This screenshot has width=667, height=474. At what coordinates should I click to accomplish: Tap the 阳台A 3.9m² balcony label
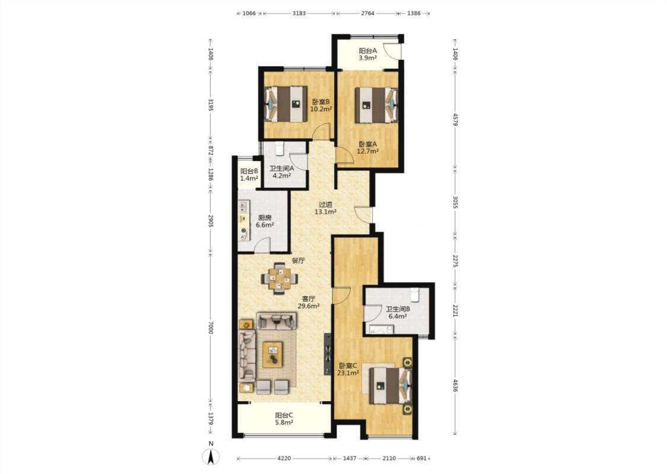pyautogui.click(x=368, y=55)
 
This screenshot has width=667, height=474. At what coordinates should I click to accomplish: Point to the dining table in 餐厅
pyautogui.click(x=279, y=278)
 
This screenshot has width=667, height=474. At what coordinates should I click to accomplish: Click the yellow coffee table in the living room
pyautogui.click(x=273, y=354)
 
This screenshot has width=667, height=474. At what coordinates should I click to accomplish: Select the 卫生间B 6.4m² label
pyautogui.click(x=398, y=312)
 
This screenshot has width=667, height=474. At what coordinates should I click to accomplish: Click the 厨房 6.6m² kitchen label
pyautogui.click(x=264, y=222)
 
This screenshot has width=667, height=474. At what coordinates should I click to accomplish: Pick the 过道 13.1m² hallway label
pyautogui.click(x=325, y=208)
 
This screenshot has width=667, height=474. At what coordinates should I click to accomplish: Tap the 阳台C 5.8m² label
pyautogui.click(x=284, y=419)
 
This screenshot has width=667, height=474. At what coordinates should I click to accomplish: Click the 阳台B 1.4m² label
pyautogui.click(x=249, y=175)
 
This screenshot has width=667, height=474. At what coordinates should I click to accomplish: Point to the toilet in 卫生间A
pyautogui.click(x=279, y=148)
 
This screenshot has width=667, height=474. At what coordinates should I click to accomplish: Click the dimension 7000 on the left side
pyautogui.click(x=210, y=328)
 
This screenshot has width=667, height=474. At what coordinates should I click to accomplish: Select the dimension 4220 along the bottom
pyautogui.click(x=284, y=458)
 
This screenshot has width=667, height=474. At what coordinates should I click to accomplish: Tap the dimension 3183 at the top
pyautogui.click(x=299, y=13)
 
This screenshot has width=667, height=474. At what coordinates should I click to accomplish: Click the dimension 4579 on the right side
pyautogui.click(x=455, y=120)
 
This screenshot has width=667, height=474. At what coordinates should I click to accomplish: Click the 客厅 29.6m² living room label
pyautogui.click(x=308, y=302)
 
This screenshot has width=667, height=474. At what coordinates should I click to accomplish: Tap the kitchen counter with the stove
pyautogui.click(x=244, y=220)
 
